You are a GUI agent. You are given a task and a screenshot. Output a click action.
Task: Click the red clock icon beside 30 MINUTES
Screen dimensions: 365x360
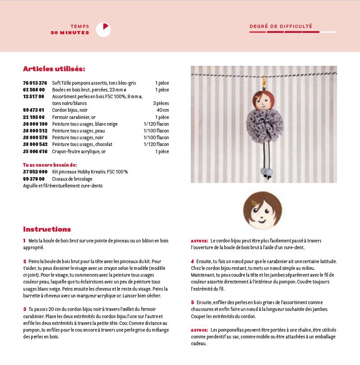103,30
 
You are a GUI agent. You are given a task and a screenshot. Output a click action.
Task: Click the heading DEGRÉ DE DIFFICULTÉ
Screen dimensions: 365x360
281,26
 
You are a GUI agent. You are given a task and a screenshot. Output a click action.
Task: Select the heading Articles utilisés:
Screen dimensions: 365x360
54,69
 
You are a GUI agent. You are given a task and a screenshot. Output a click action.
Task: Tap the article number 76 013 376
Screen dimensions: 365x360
35,83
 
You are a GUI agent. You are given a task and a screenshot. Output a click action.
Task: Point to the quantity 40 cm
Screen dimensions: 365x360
163,110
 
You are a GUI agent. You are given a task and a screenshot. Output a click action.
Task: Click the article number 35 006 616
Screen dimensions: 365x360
35,151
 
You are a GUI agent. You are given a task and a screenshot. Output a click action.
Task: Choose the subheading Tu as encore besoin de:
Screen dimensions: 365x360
50,165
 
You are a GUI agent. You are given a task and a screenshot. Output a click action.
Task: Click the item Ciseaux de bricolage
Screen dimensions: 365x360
71,179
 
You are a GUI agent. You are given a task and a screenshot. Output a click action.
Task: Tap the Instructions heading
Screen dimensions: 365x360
47,229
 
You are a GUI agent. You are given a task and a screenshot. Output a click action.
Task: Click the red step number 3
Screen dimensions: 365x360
24,309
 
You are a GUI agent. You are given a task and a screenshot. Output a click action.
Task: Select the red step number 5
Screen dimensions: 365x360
192,302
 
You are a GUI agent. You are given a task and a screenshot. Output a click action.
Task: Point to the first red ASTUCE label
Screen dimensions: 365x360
199,241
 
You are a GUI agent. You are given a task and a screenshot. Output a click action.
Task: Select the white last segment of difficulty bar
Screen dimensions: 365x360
328,32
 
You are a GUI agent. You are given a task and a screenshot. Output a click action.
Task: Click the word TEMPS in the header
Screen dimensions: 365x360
80,26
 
